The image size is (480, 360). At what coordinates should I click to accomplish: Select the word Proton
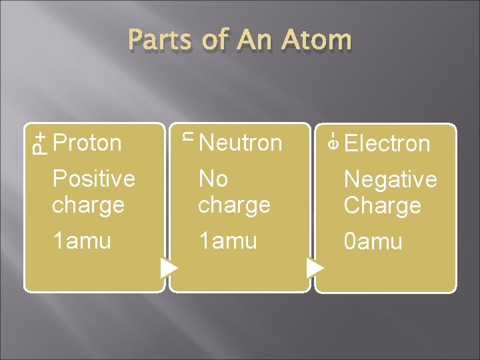pyautogui.click(x=87, y=143)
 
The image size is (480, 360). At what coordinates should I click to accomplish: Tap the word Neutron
pyautogui.click(x=240, y=143)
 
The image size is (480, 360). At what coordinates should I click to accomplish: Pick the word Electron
pyautogui.click(x=387, y=143)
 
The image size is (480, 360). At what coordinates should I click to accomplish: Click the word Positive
pyautogui.click(x=93, y=179)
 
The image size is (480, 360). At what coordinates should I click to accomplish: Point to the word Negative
pyautogui.click(x=390, y=179)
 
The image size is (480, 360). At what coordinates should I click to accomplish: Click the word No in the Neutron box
pyautogui.click(x=213, y=179)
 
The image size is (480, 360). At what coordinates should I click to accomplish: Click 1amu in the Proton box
pyautogui.click(x=81, y=241)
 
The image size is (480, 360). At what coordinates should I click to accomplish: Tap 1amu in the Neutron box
pyautogui.click(x=227, y=241)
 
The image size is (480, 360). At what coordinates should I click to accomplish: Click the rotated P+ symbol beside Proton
pyautogui.click(x=40, y=143)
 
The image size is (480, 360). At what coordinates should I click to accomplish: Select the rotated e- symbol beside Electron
pyautogui.click(x=333, y=141)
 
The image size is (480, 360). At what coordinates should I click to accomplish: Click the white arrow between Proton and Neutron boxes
pyautogui.click(x=169, y=268)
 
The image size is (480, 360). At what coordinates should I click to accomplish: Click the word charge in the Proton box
pyautogui.click(x=88, y=205)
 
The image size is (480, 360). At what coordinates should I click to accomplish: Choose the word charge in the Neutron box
pyautogui.click(x=234, y=205)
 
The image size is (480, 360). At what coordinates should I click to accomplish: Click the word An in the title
pyautogui.click(x=249, y=40)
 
